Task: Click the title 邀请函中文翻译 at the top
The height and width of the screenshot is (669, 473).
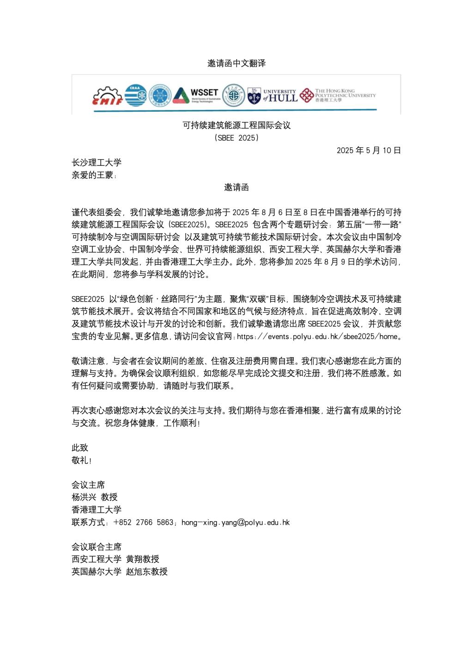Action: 236,64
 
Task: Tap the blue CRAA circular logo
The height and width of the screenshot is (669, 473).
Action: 136,95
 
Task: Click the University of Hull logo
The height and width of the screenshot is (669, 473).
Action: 272,95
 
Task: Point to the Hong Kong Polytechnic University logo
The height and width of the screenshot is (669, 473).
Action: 338,95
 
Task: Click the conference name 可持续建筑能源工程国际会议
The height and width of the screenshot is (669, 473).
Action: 236,125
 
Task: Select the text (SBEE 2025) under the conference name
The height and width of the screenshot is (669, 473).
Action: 236,138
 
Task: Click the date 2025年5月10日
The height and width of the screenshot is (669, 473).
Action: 369,150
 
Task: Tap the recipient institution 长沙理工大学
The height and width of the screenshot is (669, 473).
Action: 97,163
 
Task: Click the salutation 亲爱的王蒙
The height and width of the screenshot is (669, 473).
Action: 94,175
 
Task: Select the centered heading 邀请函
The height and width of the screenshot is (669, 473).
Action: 236,187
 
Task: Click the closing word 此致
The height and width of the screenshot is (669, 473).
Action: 80,448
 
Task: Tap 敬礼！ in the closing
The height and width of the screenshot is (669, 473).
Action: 82,460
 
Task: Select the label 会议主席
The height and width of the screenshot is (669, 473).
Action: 88,485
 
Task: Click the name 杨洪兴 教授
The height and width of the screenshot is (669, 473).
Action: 95,498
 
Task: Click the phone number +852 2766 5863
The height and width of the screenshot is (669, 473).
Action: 143,523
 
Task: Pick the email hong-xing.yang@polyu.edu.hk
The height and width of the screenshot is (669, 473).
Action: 236,523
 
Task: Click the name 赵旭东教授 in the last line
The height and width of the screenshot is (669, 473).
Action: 147,572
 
